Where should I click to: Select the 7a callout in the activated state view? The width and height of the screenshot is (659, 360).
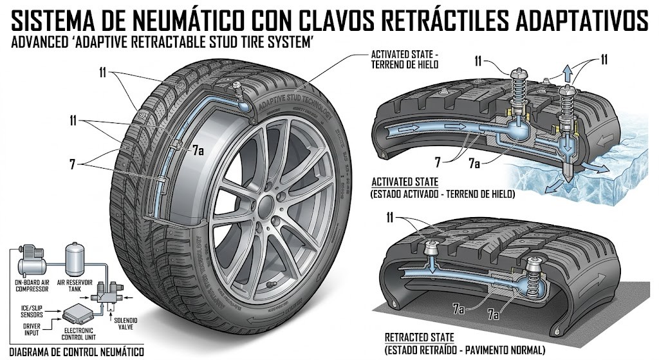pyautogui.click(x=474, y=164)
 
